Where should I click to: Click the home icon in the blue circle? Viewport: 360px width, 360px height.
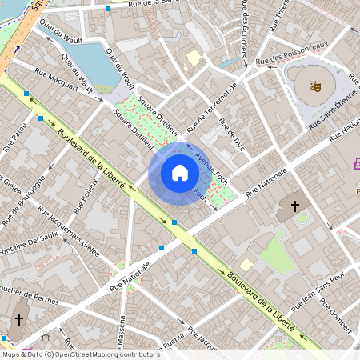(x=179, y=173)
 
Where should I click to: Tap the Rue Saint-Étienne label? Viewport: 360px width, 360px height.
(x=336, y=113)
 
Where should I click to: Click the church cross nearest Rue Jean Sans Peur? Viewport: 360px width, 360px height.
(x=294, y=206)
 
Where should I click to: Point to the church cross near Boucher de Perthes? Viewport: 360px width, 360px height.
(x=17, y=319)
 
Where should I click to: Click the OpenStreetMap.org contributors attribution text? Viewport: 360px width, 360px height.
(x=102, y=354)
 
